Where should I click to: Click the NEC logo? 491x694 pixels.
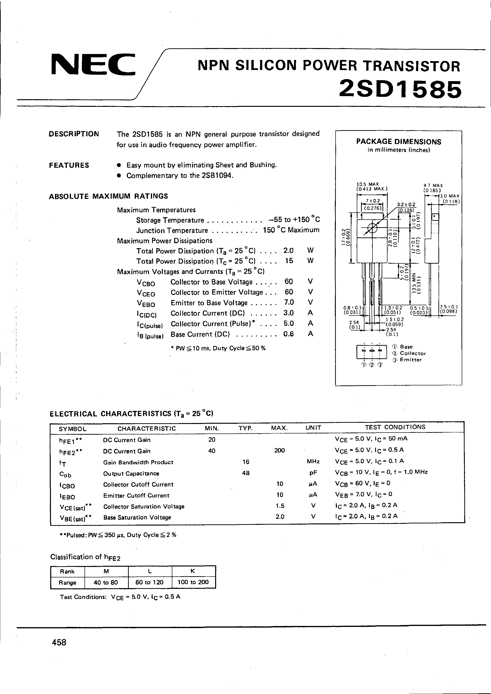93,64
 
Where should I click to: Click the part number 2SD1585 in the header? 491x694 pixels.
400,89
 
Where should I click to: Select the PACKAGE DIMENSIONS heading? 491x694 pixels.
398,142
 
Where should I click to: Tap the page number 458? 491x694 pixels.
59,650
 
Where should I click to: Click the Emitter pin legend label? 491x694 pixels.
411,360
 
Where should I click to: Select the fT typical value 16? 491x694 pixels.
246,462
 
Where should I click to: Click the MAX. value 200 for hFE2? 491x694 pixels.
279,450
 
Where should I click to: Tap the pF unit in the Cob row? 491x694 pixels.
313,473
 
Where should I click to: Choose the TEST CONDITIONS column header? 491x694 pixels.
395,427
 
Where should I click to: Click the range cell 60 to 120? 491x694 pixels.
149,582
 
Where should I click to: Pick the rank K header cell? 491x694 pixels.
193,571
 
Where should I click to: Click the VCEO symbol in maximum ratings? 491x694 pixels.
146,293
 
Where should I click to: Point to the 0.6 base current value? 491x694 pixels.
288,334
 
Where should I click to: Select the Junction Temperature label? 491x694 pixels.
172,231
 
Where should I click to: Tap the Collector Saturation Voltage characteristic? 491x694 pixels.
144,506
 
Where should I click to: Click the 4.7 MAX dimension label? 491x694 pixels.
433,185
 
